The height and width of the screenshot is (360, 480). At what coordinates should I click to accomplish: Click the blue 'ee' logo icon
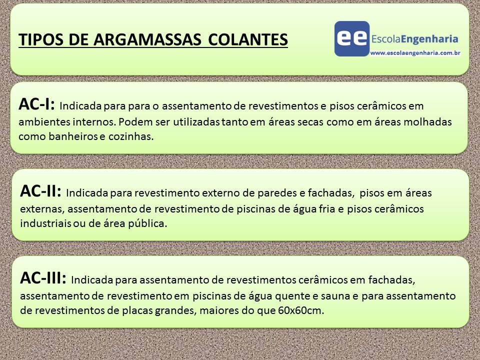pos(352,38)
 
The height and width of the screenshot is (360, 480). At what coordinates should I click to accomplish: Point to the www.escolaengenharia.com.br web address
pos(415,51)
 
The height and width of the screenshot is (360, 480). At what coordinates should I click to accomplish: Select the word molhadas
pos(430,122)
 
